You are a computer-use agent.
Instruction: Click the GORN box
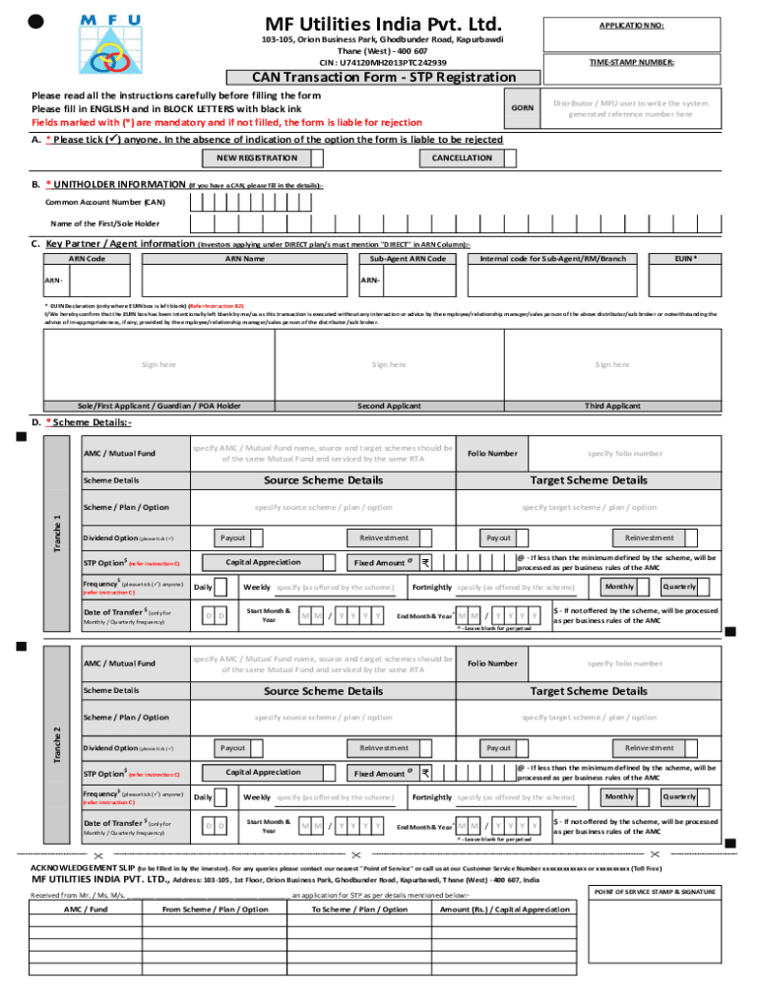click(523, 107)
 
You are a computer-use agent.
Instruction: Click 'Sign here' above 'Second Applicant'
click(388, 364)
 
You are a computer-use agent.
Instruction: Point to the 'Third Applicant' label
click(611, 405)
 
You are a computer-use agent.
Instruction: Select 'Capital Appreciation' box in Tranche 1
click(263, 562)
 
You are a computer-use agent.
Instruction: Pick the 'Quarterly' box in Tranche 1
click(678, 587)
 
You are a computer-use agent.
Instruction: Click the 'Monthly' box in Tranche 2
click(619, 796)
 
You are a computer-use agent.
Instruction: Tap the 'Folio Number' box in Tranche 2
click(492, 663)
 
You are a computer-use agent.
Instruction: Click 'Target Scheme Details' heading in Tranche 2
click(589, 691)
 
